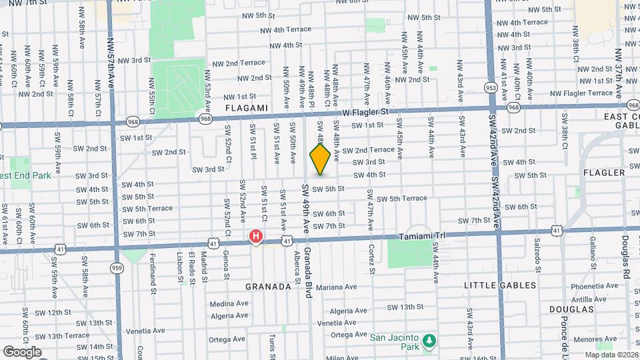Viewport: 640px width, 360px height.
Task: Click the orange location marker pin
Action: (320, 159)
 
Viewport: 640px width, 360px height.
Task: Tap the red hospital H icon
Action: (255, 236)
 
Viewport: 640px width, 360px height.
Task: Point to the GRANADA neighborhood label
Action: (269, 287)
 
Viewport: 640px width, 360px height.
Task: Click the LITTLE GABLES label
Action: (500, 285)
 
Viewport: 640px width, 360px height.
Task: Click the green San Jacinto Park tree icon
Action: (430, 341)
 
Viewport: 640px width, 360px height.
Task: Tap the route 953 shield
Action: (491, 87)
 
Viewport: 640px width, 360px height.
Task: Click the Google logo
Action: (22, 352)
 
